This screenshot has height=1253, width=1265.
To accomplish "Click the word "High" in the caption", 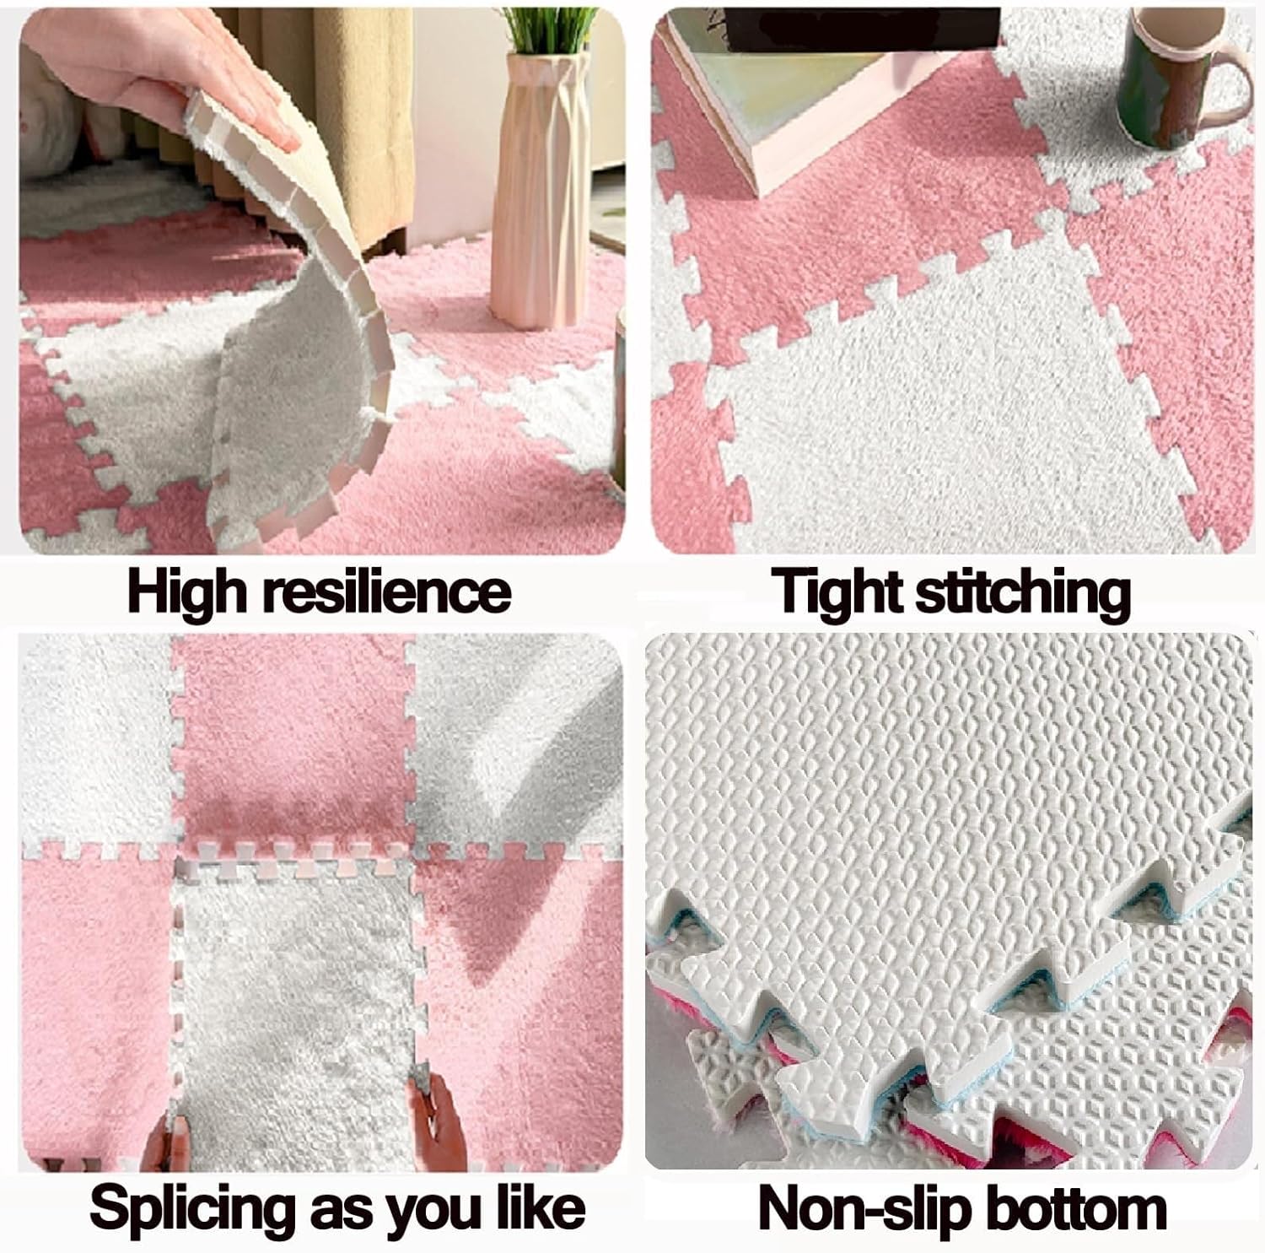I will pos(188,592).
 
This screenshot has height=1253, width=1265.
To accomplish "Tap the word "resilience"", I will pos(387,592).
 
